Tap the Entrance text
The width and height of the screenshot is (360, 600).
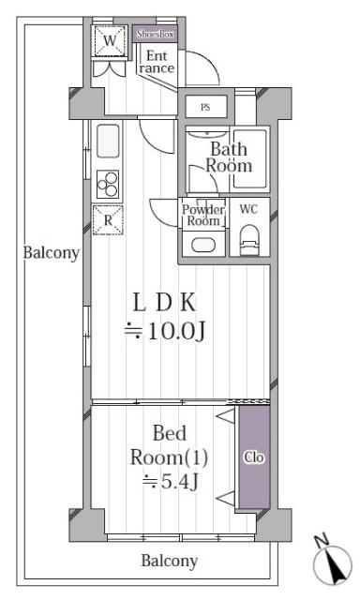[x=156, y=62]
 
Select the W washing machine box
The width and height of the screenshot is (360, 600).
[x=111, y=40]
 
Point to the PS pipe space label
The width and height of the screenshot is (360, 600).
[x=204, y=107]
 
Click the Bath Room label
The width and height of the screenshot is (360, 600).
[x=230, y=157]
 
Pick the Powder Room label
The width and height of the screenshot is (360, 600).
[x=203, y=216]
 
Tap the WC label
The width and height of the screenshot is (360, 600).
[x=248, y=208]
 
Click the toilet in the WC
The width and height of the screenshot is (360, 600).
[x=248, y=244]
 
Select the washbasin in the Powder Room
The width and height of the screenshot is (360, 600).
[x=202, y=246]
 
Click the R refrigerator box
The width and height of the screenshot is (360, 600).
[x=110, y=220]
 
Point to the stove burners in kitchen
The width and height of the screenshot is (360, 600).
[x=108, y=181]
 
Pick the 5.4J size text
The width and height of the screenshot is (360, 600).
[x=174, y=483]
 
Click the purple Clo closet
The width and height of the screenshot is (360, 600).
[x=252, y=457]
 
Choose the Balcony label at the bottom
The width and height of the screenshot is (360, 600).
[x=170, y=562]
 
